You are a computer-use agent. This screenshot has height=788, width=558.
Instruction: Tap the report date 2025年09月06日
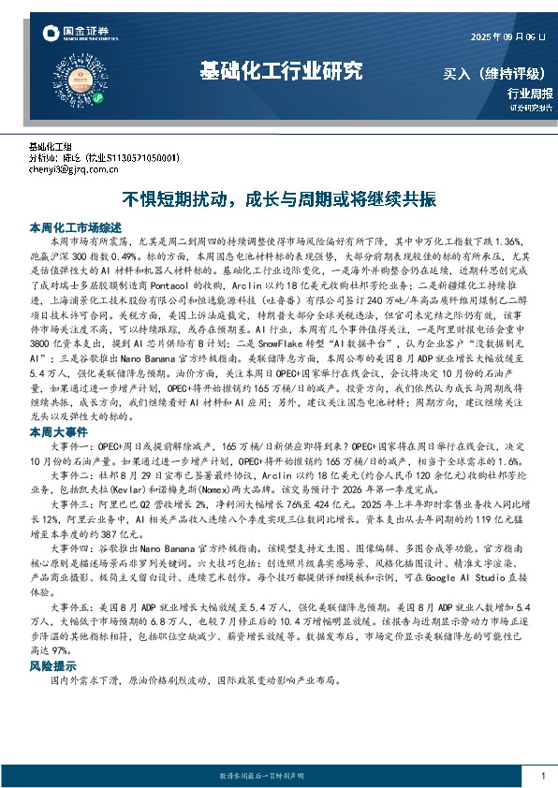(506, 37)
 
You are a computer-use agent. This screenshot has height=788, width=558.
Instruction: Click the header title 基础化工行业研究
(281, 70)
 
